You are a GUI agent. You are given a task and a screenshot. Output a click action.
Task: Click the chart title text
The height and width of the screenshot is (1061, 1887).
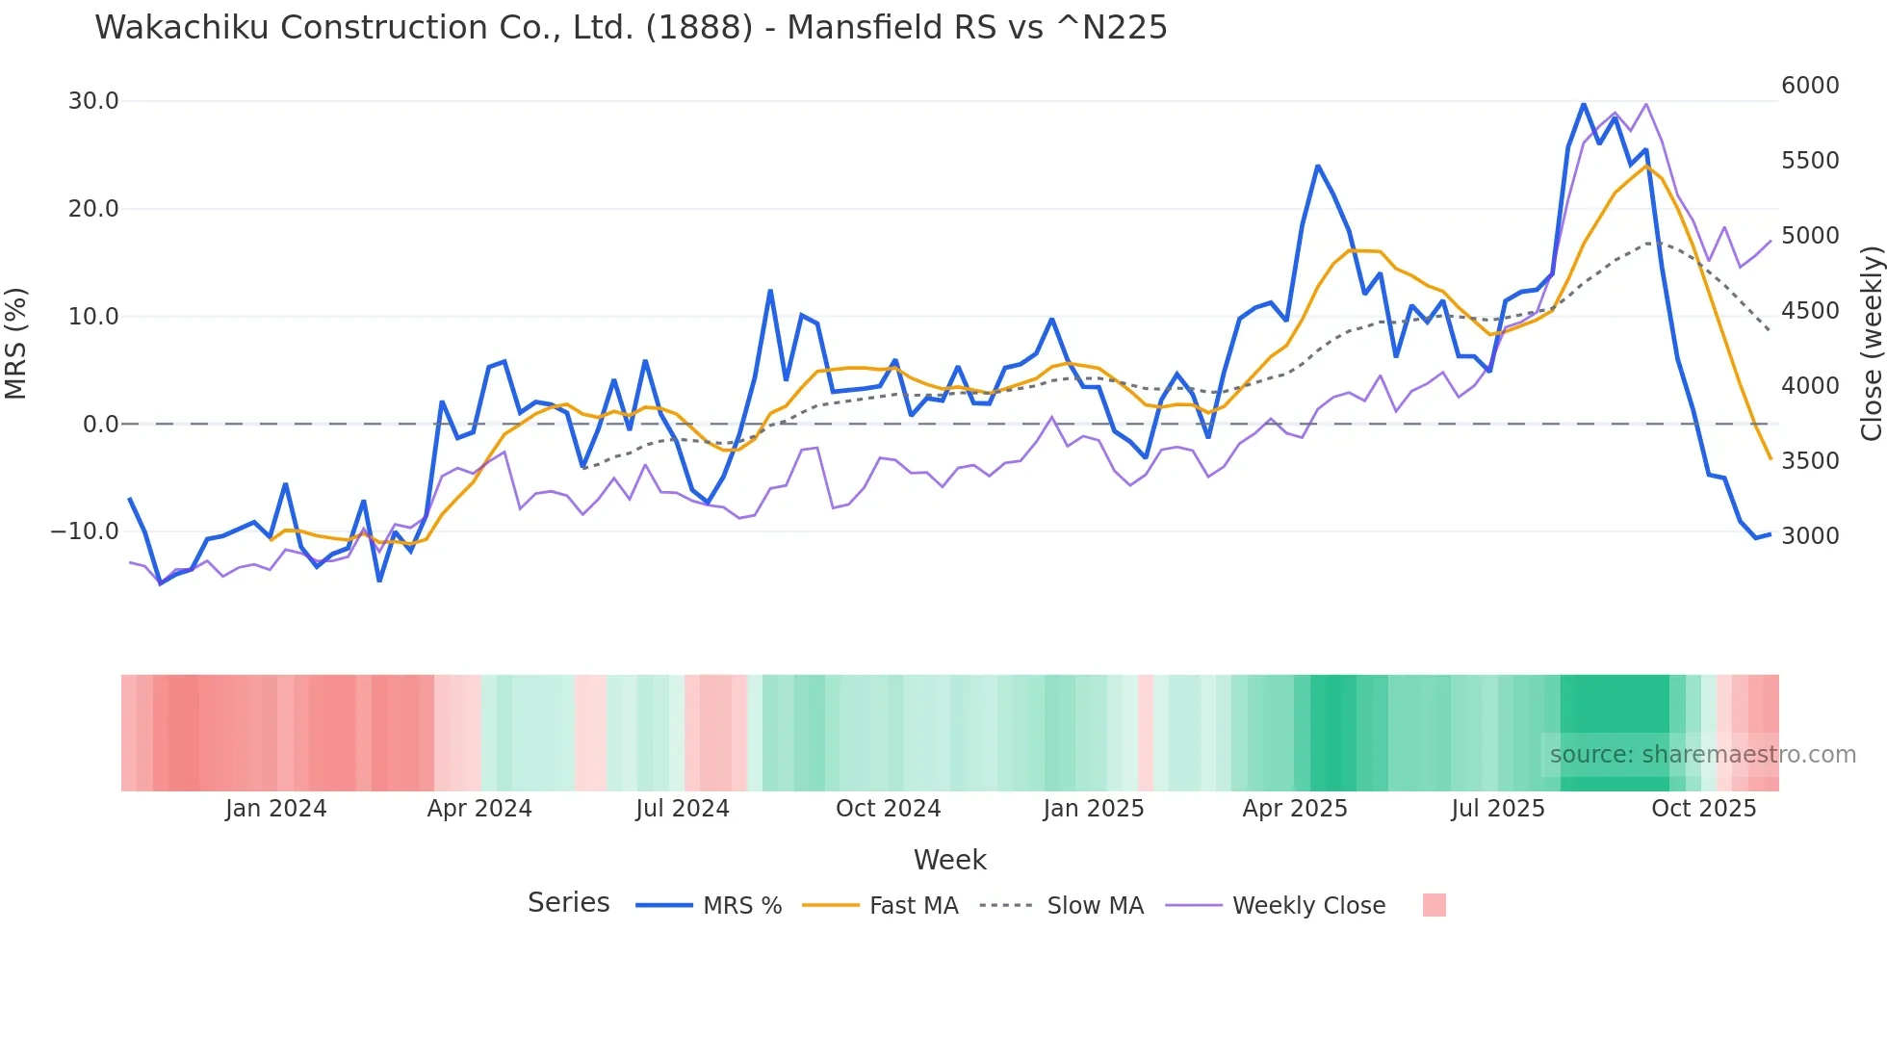coord(631,27)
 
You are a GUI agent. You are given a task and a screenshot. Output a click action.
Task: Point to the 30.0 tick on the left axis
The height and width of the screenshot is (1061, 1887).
coord(93,101)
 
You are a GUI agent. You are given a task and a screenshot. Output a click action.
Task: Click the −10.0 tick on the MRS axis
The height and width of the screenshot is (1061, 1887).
coord(85,531)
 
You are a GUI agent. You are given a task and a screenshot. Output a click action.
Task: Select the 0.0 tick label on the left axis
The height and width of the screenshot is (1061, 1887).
coord(100,424)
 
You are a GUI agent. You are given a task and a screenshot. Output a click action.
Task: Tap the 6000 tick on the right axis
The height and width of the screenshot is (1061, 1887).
coord(1810,86)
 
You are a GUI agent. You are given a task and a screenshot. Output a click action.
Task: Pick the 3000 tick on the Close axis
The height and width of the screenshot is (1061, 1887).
coord(1810,536)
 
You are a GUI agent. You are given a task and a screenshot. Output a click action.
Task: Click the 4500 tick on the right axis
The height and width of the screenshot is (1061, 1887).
coord(1810,311)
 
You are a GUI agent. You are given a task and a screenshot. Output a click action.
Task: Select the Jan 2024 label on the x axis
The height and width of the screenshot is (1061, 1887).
coord(276,809)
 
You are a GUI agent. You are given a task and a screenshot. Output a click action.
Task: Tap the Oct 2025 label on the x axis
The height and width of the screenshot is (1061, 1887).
coord(1703,809)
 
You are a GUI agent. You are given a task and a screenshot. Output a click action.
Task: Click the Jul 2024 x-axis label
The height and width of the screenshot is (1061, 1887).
coord(683,809)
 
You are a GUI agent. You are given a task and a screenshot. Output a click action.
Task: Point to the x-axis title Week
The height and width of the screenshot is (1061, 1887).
coord(949,860)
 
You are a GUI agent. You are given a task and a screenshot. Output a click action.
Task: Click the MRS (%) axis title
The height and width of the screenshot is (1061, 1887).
coord(16,343)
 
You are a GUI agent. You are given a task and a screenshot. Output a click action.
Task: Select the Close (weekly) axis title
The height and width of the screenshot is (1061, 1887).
coord(1871,343)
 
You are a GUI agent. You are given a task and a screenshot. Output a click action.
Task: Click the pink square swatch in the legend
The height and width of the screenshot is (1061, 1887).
coord(1434,905)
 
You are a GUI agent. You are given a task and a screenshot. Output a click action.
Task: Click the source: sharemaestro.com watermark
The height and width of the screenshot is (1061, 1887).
coord(1702,755)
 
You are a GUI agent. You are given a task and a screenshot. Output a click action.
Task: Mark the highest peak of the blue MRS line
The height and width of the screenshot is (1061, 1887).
coord(1584,103)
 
